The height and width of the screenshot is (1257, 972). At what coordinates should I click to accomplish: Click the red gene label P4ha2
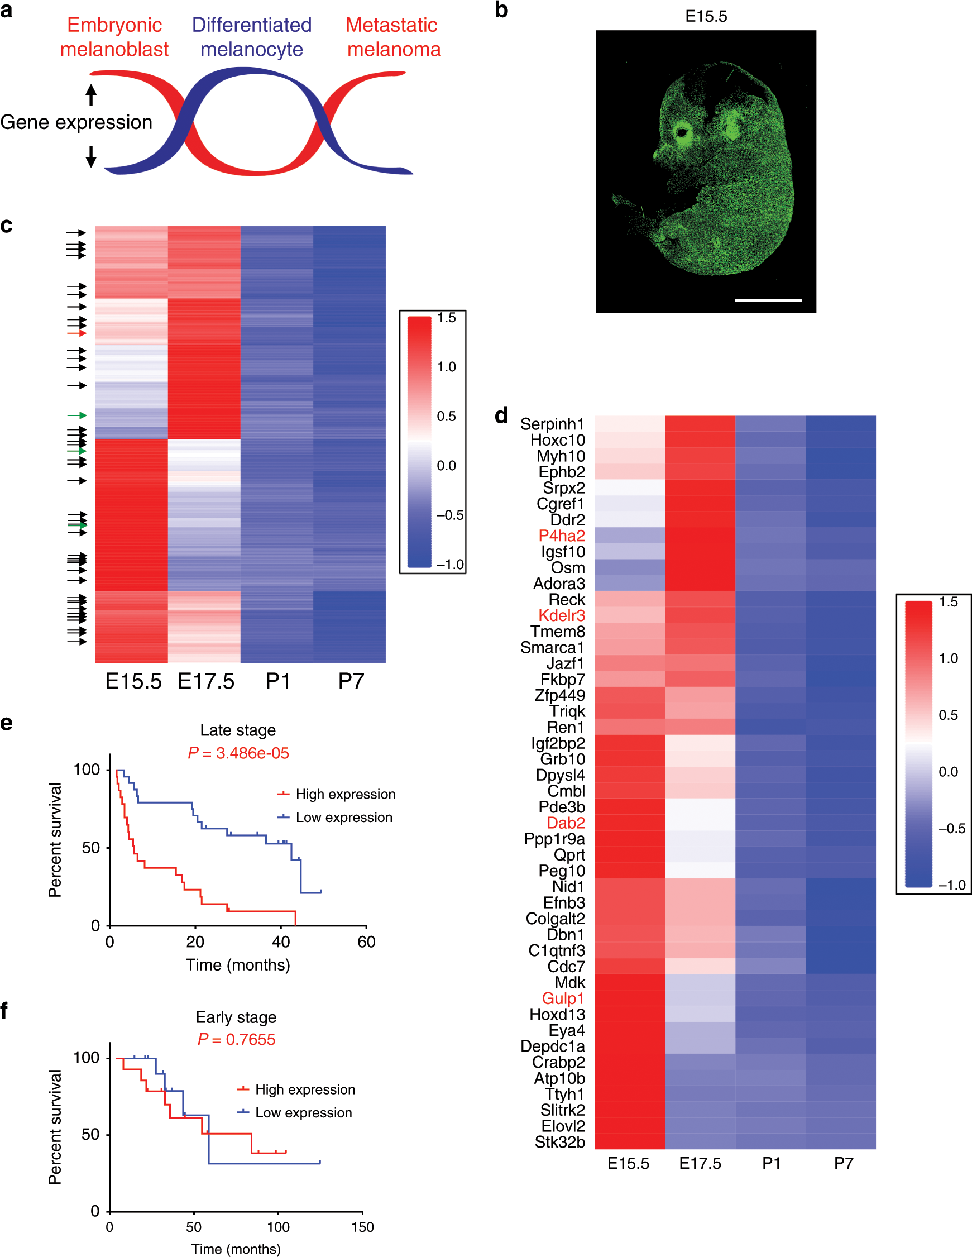coord(561,536)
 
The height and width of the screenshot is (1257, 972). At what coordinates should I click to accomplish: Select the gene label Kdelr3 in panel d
coord(561,616)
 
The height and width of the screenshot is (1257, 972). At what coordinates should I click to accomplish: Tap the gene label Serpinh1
coord(552,424)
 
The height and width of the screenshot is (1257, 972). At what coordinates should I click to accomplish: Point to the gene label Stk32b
coord(559,1142)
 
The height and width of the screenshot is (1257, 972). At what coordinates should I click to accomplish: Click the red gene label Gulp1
coord(563,998)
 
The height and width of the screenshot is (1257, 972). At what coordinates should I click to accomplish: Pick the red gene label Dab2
coord(565,823)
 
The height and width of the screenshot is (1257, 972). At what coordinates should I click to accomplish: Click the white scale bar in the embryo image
coord(768,300)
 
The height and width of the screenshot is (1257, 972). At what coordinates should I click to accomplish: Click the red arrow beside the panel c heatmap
coord(77,333)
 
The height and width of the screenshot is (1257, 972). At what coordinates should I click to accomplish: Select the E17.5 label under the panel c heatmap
coord(206,681)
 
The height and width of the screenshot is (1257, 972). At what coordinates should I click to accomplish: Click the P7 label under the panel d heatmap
coord(843,1164)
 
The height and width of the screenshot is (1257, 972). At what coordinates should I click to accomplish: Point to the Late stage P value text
coord(238,753)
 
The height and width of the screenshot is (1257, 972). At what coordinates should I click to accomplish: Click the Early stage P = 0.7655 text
coord(236,1039)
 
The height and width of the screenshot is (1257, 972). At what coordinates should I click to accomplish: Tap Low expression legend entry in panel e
coord(343,818)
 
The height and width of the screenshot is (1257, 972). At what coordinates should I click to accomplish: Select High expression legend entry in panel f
coord(304,1089)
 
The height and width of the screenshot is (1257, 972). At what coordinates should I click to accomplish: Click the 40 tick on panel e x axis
coord(281,942)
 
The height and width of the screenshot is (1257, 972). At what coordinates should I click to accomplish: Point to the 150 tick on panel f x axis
coord(362,1227)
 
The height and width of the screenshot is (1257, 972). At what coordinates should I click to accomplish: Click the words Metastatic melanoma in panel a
coord(394,37)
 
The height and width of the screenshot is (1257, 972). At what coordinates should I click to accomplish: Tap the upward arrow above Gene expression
coord(91,95)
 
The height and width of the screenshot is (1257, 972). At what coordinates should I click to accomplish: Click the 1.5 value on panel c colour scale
coord(447,318)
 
